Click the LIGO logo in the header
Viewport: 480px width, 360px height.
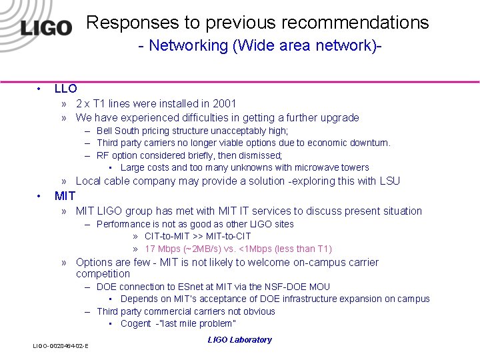pos(45,27)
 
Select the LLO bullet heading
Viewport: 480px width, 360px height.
pos(65,88)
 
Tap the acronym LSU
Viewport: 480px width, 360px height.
pos(389,181)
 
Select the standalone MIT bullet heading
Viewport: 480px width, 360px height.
pos(65,196)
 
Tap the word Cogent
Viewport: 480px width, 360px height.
pos(135,323)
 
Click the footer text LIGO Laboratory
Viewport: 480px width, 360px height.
pos(239,340)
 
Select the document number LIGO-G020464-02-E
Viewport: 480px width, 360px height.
pos(61,345)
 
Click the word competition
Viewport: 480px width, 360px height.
pos(103,274)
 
